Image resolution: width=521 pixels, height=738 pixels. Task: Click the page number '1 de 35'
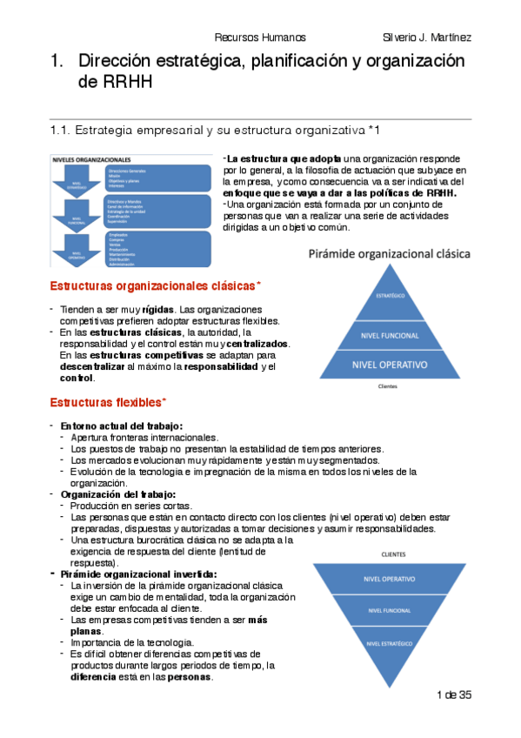(453, 694)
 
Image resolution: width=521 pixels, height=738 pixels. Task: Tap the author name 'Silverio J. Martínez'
(426, 37)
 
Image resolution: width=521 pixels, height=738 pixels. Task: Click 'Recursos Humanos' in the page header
(260, 37)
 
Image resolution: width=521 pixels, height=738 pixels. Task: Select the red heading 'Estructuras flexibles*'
(108, 402)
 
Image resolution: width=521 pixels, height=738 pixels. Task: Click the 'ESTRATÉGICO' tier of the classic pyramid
(389, 295)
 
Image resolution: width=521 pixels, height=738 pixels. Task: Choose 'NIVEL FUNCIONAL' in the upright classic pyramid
(389, 334)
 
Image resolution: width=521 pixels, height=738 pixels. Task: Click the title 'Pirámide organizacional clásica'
(389, 255)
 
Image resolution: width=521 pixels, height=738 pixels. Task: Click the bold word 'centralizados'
(258, 344)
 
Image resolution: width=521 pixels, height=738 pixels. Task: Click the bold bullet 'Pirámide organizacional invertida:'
(138, 574)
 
